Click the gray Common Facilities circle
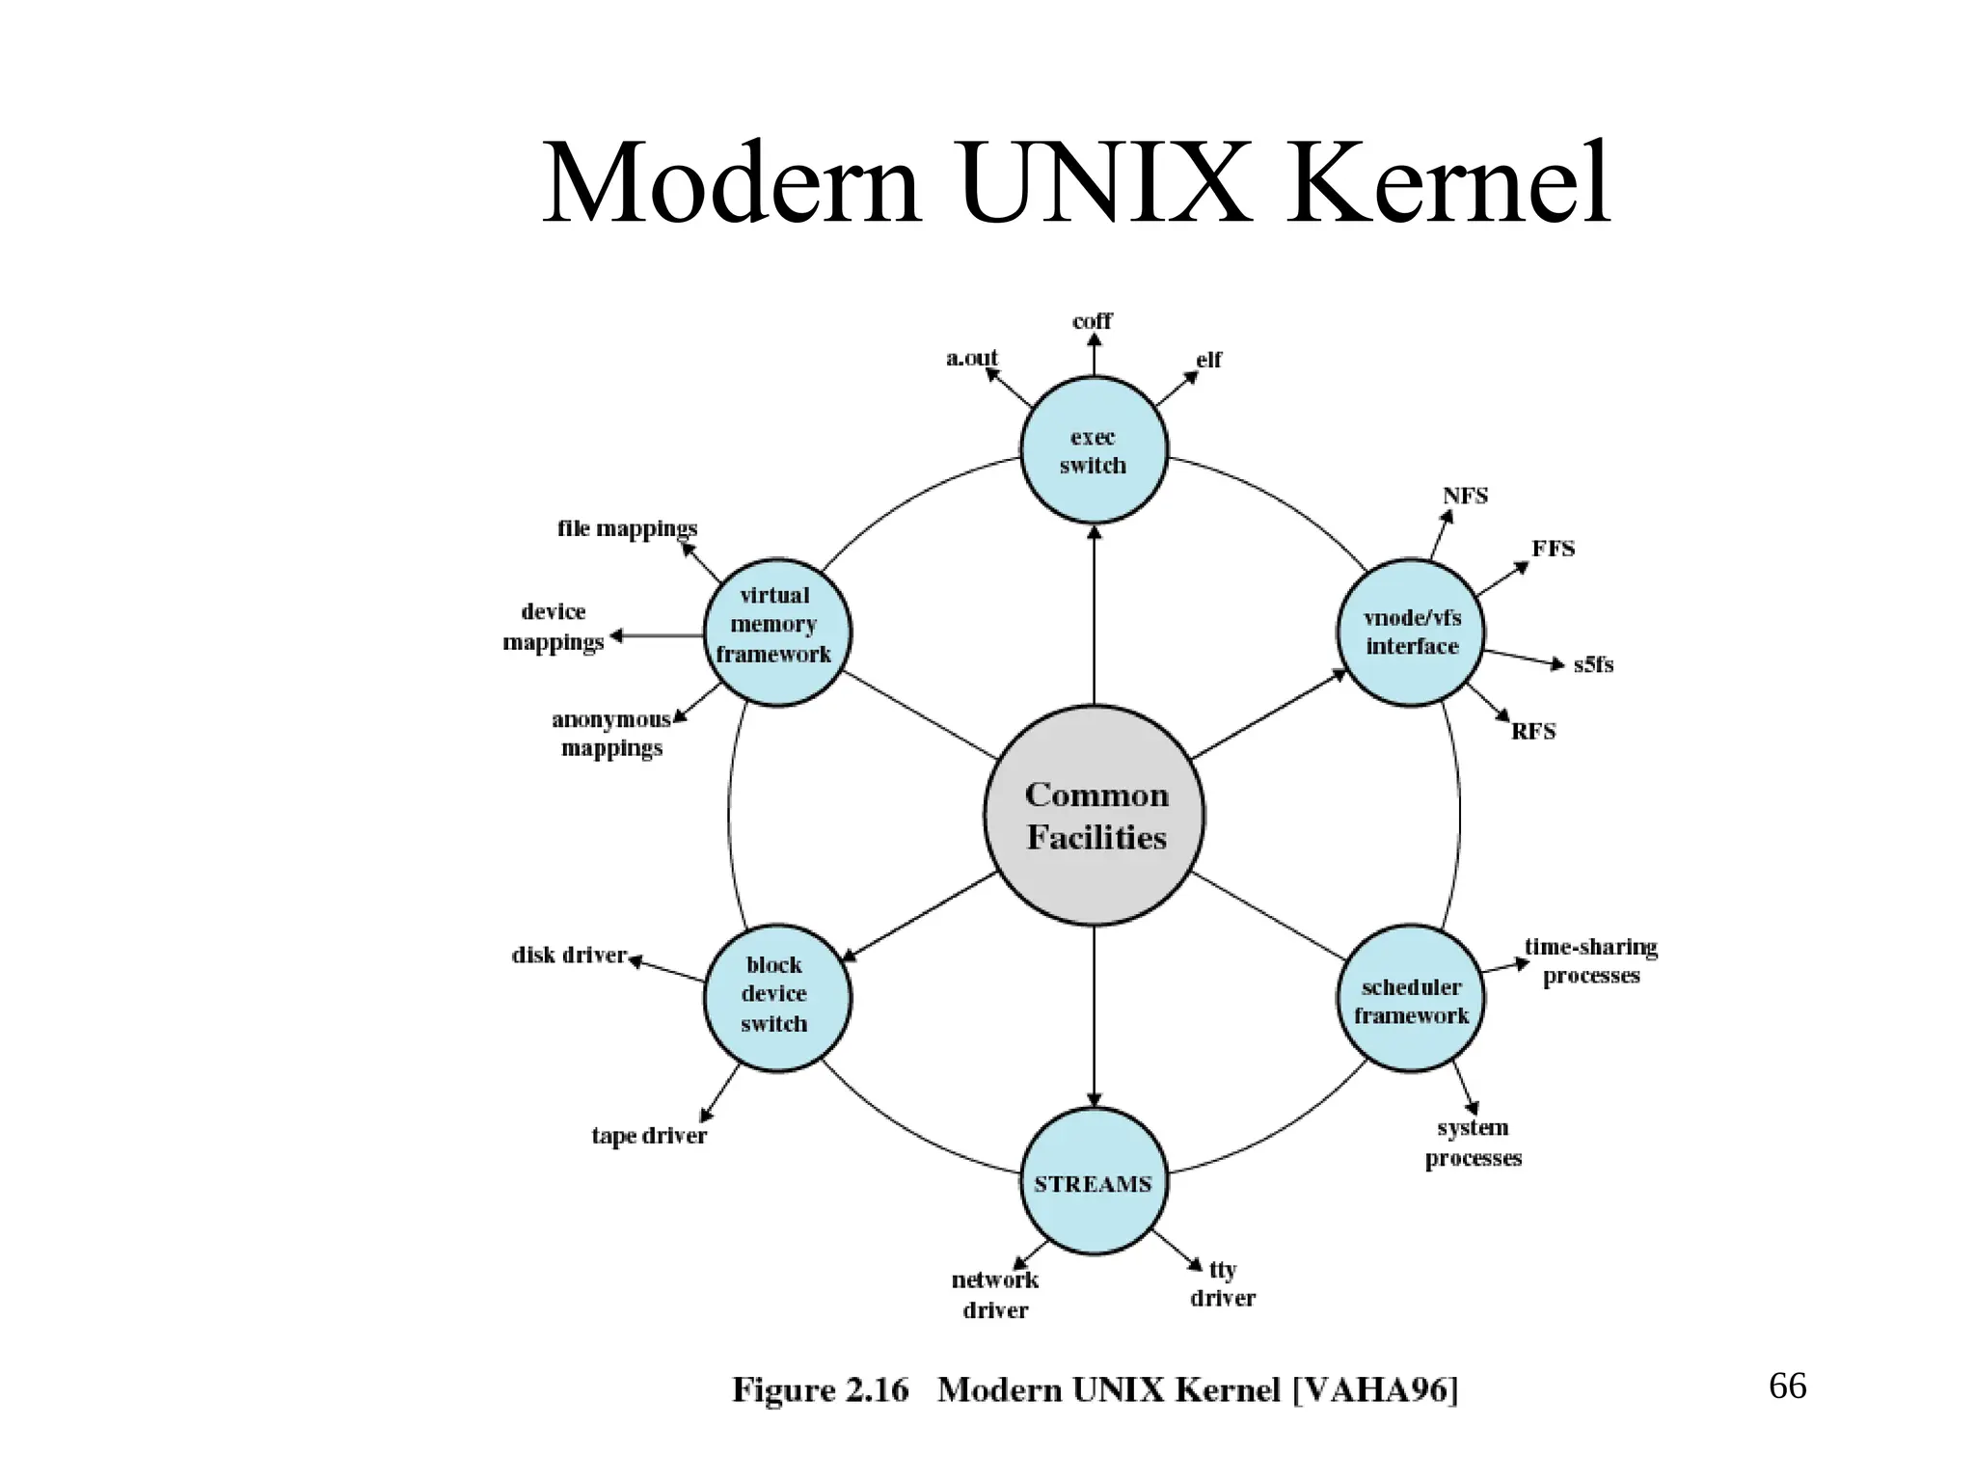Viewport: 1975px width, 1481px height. pos(1095,816)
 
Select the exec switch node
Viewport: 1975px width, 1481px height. pos(1094,451)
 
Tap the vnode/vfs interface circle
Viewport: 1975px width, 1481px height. pos(1411,633)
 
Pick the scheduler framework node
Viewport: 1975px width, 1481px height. pos(1411,1000)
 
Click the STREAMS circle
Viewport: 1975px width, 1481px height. pos(1094,1183)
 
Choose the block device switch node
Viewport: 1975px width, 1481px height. pos(776,996)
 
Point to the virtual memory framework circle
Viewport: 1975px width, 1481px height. pos(776,632)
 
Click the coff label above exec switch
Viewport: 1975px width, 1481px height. pos(1092,321)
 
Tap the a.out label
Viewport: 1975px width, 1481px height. pos(971,359)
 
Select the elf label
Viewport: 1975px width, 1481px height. pos(1208,360)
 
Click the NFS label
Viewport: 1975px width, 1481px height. pos(1465,496)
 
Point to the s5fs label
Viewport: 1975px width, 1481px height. pos(1593,664)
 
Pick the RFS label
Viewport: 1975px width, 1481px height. pos(1533,732)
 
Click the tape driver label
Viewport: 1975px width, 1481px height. pos(649,1136)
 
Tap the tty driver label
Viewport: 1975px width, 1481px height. pos(1223,1283)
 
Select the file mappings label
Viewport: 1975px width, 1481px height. pos(627,528)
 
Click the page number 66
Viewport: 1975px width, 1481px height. pos(1787,1387)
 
